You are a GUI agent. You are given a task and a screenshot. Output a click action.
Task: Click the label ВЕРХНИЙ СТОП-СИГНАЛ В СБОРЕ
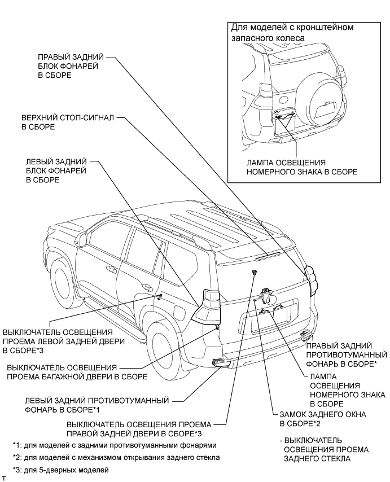(68, 122)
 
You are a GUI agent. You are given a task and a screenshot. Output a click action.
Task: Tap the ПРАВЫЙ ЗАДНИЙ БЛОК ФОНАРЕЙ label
(71, 66)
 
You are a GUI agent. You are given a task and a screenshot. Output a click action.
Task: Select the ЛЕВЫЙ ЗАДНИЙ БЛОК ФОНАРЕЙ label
(56, 170)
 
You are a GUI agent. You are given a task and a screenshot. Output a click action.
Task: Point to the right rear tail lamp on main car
(311, 281)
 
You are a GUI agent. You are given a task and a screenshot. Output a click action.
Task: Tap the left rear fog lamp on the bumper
(219, 363)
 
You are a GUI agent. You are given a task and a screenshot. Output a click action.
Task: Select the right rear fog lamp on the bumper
(306, 333)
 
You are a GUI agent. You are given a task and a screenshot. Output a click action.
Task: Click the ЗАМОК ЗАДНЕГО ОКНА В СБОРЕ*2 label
(323, 419)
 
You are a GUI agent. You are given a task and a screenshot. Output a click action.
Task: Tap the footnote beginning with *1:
(115, 445)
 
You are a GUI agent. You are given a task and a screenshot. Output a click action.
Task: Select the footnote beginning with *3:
(60, 470)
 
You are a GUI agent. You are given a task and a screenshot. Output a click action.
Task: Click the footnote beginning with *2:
(116, 457)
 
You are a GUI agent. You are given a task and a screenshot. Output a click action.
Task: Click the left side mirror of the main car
(81, 239)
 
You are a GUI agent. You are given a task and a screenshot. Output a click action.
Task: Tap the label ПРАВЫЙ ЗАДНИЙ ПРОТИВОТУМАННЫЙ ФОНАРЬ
(347, 355)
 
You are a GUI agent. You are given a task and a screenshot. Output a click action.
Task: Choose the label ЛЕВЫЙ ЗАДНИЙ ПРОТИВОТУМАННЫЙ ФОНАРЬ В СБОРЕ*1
(97, 405)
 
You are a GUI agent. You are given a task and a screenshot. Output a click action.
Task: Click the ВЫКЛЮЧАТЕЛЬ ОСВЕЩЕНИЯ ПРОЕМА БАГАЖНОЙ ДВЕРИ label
(77, 372)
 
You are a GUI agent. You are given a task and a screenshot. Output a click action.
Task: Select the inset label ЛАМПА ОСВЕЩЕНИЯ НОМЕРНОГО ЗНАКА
(302, 167)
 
